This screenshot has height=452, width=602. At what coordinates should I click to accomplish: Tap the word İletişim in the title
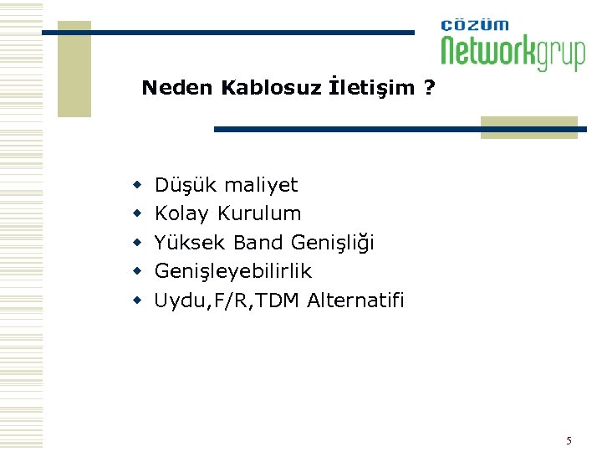[x=372, y=88]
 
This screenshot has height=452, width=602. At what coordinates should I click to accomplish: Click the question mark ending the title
[x=429, y=88]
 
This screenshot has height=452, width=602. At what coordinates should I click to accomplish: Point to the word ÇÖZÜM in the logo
[x=475, y=25]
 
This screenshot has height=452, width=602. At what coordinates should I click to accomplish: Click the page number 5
[x=569, y=440]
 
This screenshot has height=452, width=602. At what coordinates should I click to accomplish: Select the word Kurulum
[x=259, y=213]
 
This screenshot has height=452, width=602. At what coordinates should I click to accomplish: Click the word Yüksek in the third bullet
[x=190, y=243]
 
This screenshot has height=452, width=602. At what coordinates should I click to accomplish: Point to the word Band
[x=258, y=243]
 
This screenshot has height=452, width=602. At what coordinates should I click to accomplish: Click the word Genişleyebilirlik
[x=233, y=271]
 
